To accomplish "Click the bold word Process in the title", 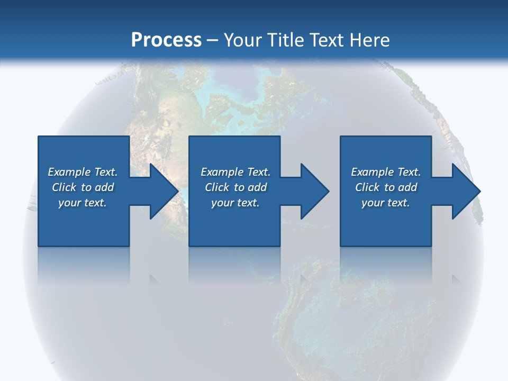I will pos(166,40).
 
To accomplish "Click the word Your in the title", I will pos(245,40).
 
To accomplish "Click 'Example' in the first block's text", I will pos(69,172).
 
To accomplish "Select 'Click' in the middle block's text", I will pos(217,187).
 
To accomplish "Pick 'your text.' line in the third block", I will pos(385,203).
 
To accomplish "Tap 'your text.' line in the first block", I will pos(83,203).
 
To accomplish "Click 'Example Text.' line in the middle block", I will pos(235,172).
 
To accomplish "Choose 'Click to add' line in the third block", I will pos(386,187).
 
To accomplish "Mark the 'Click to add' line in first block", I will pos(83,187).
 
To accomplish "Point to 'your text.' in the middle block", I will pos(235,203).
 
